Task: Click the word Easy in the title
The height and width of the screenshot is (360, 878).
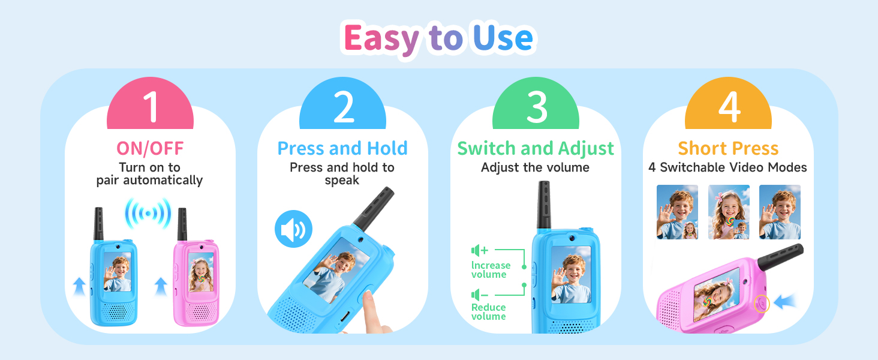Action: coord(381,39)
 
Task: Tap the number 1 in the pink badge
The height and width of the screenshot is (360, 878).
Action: coord(150,106)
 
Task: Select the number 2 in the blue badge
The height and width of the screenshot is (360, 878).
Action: coord(343,106)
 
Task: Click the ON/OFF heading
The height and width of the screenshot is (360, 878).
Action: coord(150,148)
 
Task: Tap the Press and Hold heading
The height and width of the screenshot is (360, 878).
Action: coord(342,148)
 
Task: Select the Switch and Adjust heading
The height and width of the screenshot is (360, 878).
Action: coord(536,148)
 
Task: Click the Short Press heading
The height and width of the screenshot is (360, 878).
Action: coord(728,148)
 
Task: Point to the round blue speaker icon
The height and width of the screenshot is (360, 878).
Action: coord(293,229)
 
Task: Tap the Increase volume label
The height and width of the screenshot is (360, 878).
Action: coord(491,269)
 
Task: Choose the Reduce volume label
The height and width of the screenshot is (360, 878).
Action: coord(489,311)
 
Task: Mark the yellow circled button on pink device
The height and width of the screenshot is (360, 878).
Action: coord(762,304)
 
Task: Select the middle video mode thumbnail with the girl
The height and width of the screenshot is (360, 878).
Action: coord(729,212)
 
